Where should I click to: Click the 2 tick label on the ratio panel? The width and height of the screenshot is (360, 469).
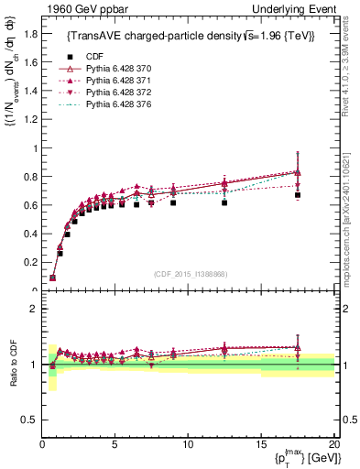pos(35,309)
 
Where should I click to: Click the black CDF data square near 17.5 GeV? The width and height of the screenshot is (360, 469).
pos(298,195)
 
